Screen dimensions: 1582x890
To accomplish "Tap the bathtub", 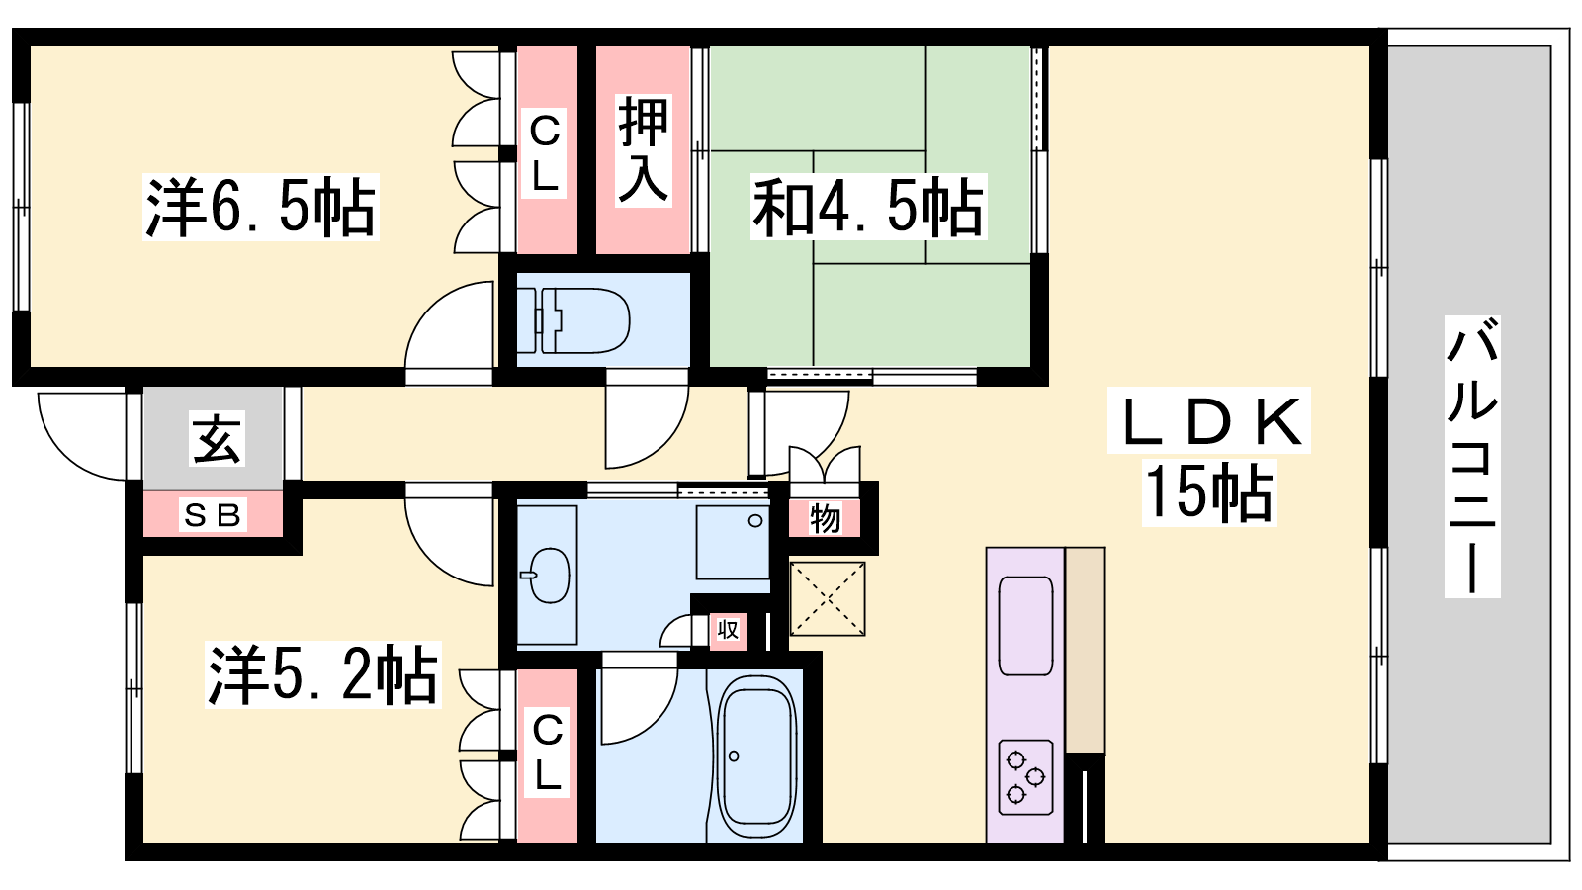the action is click(756, 756).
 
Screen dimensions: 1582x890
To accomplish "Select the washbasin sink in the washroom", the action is click(547, 575).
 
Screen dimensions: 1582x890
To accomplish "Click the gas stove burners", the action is click(1025, 777).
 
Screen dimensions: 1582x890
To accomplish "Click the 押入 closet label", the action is click(643, 149).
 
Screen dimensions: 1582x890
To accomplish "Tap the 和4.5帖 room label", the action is click(868, 207).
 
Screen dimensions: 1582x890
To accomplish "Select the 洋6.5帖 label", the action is click(261, 207).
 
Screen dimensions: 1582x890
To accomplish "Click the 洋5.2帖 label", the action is click(322, 674).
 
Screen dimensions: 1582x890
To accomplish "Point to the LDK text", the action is click(1208, 421).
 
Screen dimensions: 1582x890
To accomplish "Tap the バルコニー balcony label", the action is click(1472, 457).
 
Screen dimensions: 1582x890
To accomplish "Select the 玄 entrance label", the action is click(217, 438).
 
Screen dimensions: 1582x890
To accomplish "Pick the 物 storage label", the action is click(825, 519).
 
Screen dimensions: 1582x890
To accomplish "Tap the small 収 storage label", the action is click(728, 629).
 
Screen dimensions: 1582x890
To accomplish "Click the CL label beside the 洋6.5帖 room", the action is click(545, 153).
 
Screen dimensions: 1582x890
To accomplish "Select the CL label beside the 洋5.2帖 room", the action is click(548, 753).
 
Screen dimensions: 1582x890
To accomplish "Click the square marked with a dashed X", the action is click(827, 599).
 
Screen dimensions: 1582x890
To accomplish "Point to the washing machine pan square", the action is click(733, 543).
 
